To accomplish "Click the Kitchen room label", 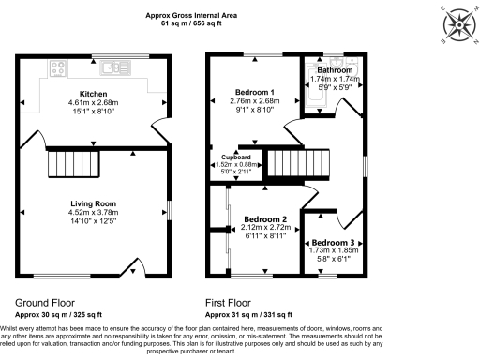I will pyautogui.click(x=93, y=94).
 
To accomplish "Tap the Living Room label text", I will pyautogui.click(x=93, y=203).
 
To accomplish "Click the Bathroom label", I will pyautogui.click(x=335, y=70).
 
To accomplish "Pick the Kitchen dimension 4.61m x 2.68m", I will pyautogui.click(x=93, y=102).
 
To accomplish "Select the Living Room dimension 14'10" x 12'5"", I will pyautogui.click(x=93, y=220).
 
